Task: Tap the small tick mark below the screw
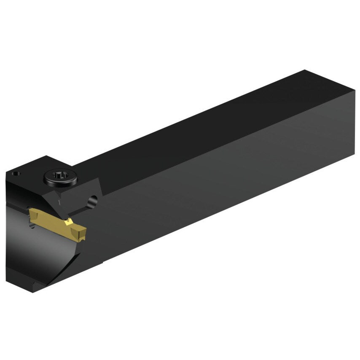point(60,203)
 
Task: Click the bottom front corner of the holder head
point(36,290)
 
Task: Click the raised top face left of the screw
point(30,169)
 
